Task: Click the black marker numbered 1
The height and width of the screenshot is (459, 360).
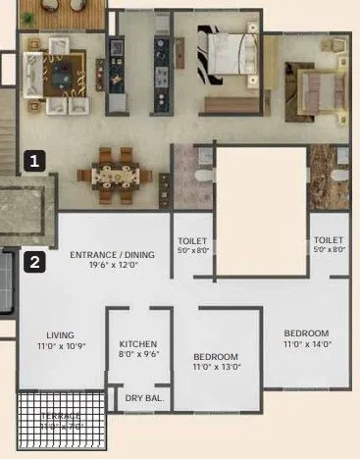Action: pyautogui.click(x=35, y=161)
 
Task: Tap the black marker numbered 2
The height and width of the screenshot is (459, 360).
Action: pyautogui.click(x=35, y=262)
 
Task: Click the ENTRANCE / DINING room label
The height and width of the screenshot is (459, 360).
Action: pyautogui.click(x=110, y=254)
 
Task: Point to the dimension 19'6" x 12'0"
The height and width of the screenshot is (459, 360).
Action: pyautogui.click(x=110, y=265)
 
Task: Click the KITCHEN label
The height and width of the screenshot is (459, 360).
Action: pyautogui.click(x=138, y=344)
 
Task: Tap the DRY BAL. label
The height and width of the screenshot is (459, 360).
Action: pyautogui.click(x=144, y=398)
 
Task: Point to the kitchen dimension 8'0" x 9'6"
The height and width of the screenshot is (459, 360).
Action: pyautogui.click(x=138, y=355)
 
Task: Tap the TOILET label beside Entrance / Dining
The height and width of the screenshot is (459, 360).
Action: pyautogui.click(x=192, y=240)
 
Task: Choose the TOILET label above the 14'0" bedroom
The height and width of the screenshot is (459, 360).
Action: pyautogui.click(x=328, y=240)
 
